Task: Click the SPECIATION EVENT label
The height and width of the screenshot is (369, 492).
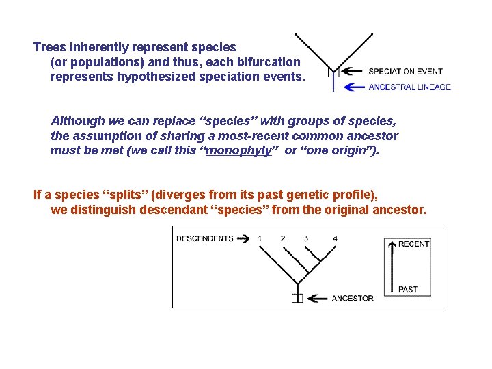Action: pyautogui.click(x=405, y=71)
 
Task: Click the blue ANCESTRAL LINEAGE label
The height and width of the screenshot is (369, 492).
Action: pyautogui.click(x=409, y=87)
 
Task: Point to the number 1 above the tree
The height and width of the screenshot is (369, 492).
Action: pyautogui.click(x=260, y=238)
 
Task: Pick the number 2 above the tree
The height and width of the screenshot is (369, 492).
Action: pyautogui.click(x=283, y=238)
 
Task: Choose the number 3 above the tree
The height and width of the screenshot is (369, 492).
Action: pyautogui.click(x=306, y=238)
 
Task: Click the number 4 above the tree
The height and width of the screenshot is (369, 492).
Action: pyautogui.click(x=335, y=238)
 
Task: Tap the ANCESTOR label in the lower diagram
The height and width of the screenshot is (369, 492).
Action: pyautogui.click(x=353, y=298)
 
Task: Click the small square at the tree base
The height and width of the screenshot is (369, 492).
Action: pyautogui.click(x=297, y=298)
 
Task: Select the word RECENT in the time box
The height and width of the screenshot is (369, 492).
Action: pyautogui.click(x=414, y=244)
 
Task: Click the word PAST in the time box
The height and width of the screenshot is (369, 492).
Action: pyautogui.click(x=408, y=290)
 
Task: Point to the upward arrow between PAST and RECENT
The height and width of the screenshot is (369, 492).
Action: pyautogui.click(x=392, y=266)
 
